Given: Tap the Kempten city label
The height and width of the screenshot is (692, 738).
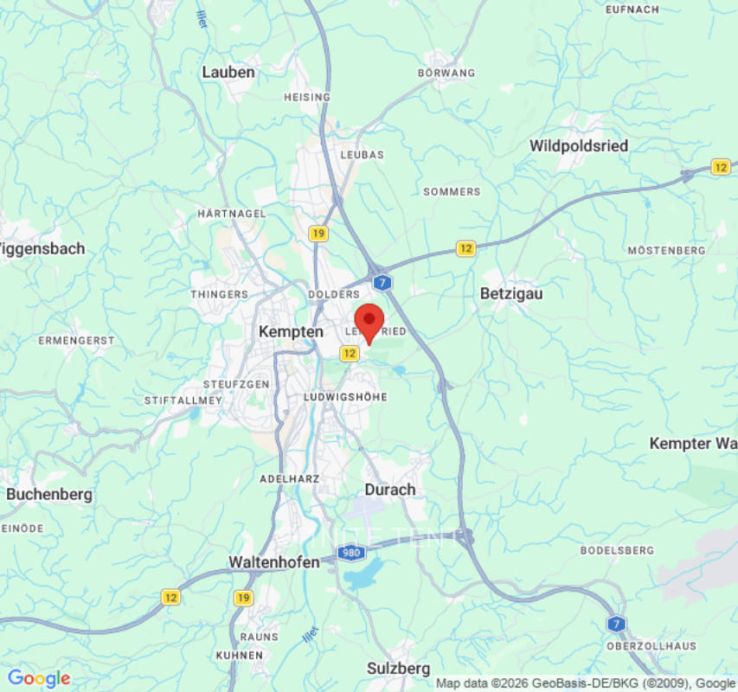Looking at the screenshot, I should click(292, 331).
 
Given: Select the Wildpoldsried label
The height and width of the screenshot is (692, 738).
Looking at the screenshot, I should click(579, 145).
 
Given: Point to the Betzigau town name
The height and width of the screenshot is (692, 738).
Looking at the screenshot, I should click(511, 294).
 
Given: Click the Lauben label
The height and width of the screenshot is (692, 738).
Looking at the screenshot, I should click(228, 72).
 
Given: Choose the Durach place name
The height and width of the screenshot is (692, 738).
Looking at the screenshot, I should click(390, 490).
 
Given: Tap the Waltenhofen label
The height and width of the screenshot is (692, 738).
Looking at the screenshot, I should click(274, 562).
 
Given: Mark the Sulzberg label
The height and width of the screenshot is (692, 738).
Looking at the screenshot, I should click(398, 669).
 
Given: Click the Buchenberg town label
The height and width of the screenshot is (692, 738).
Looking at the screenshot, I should click(49, 495).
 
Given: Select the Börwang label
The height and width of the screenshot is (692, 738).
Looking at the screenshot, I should click(446, 74).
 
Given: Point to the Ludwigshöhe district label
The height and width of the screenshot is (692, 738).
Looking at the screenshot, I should click(346, 397).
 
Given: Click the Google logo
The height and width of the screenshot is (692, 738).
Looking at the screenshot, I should click(38, 679).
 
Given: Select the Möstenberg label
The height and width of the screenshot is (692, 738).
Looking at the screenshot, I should click(666, 250).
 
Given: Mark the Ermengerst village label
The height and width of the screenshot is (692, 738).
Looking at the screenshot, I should click(76, 341).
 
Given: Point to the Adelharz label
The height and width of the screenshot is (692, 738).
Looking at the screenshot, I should click(290, 478).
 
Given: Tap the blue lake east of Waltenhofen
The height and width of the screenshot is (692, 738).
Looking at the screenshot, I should click(364, 573).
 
